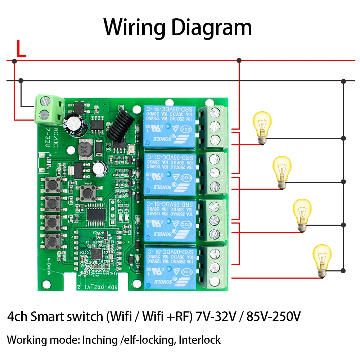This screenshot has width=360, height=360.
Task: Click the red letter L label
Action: pos(21,50)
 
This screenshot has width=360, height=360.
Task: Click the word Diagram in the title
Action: pos(208,27)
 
